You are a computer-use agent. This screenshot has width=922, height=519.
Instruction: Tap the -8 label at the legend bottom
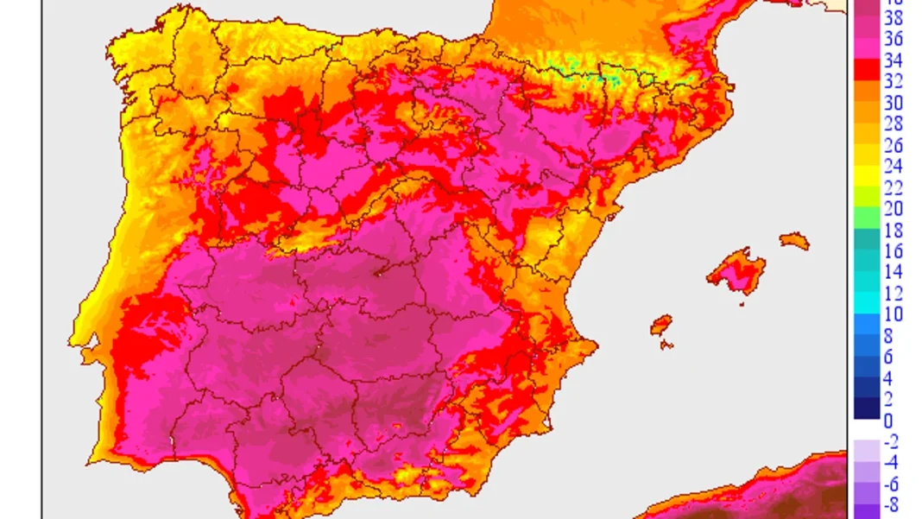point(892,506)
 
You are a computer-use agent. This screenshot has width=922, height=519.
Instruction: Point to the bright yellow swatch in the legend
point(867,177)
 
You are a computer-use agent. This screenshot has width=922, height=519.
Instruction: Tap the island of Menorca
point(794,241)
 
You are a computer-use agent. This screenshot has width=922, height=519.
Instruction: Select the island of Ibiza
point(661,326)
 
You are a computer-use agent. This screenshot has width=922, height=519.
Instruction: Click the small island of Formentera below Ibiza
point(666,345)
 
